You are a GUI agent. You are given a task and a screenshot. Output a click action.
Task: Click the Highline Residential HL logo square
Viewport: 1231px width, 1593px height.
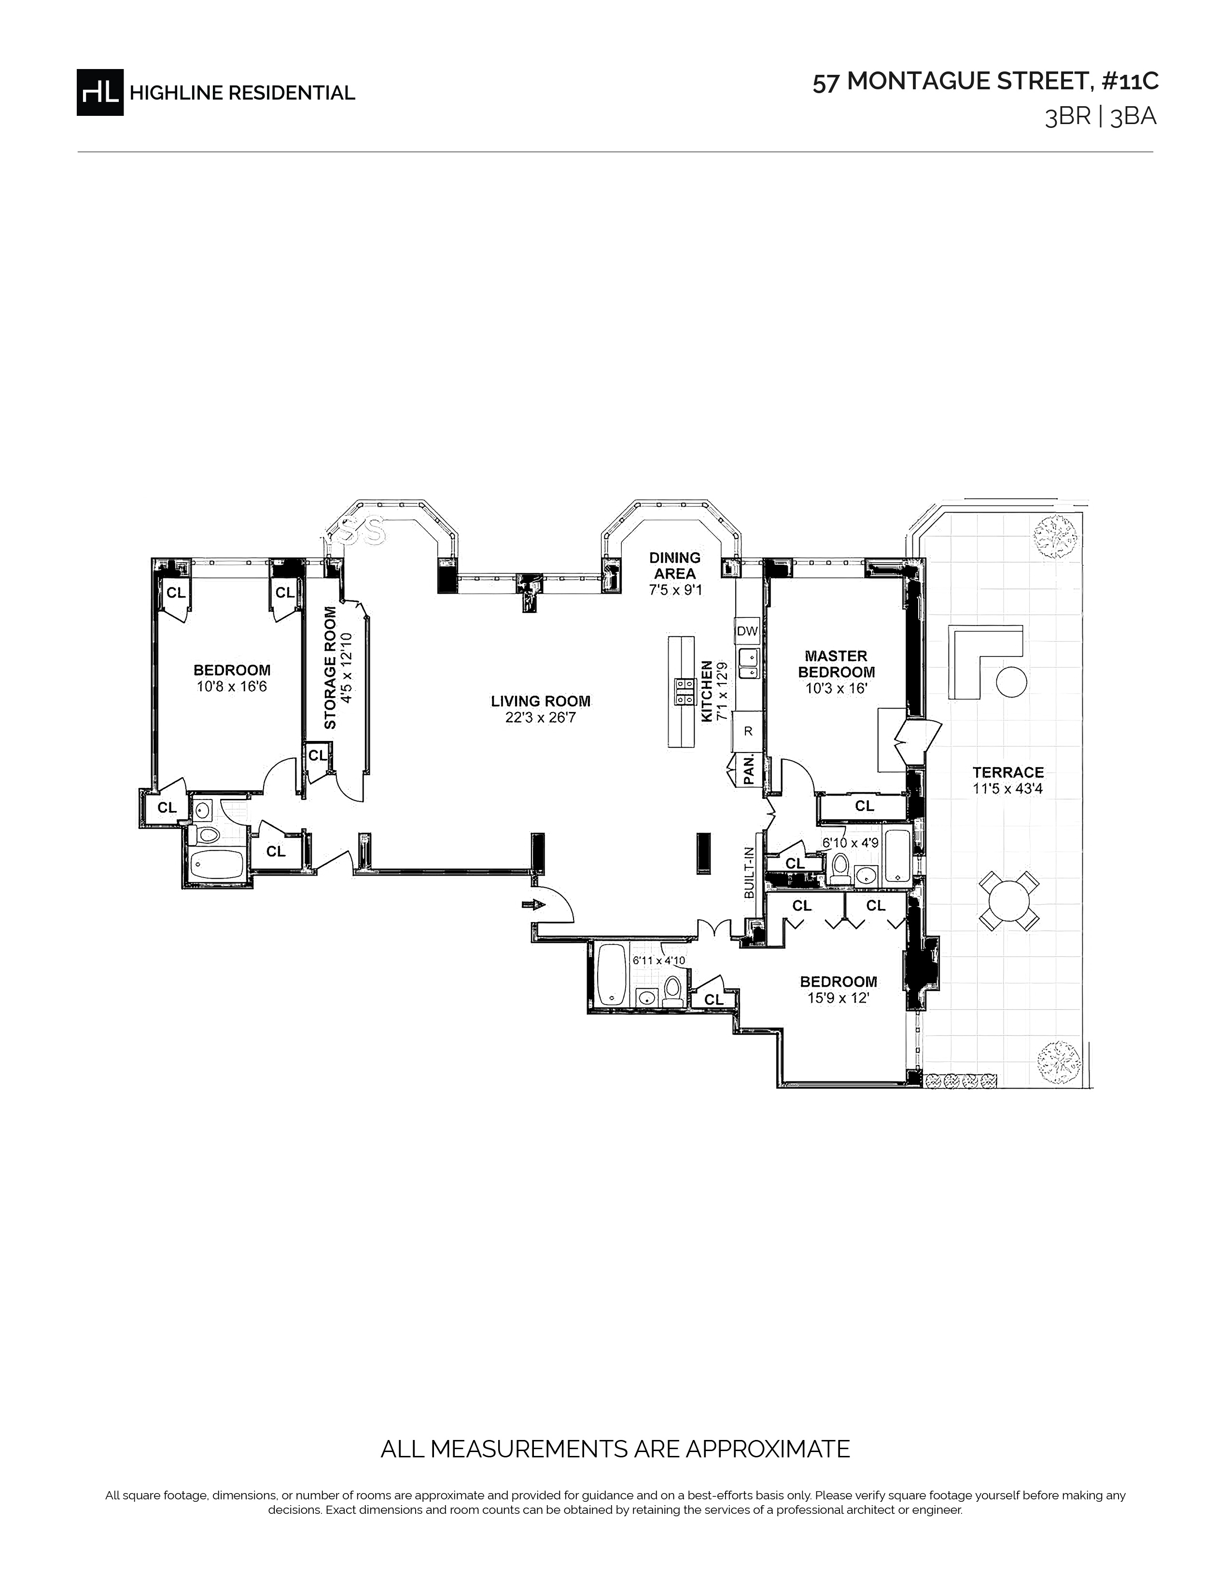click(x=100, y=92)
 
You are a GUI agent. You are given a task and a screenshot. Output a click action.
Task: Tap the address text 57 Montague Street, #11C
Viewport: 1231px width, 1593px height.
click(x=985, y=82)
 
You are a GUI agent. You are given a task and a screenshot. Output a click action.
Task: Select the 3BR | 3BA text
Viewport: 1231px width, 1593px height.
click(x=1101, y=117)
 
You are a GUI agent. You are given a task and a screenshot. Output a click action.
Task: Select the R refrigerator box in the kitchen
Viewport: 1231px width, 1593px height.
click(x=747, y=731)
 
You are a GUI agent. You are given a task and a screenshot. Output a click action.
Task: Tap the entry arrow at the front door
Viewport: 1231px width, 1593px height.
click(x=534, y=905)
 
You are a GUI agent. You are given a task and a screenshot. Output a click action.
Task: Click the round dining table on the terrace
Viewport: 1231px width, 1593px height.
click(x=1009, y=901)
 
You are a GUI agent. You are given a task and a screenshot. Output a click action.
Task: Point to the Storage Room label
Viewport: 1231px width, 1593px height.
click(x=330, y=668)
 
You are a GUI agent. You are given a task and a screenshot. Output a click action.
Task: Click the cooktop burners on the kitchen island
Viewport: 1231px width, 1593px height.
click(x=685, y=692)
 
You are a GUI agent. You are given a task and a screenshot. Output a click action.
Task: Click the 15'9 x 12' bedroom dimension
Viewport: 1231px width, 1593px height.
click(x=838, y=998)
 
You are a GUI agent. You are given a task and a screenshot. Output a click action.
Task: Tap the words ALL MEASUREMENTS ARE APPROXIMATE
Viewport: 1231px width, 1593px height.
click(x=615, y=1449)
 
